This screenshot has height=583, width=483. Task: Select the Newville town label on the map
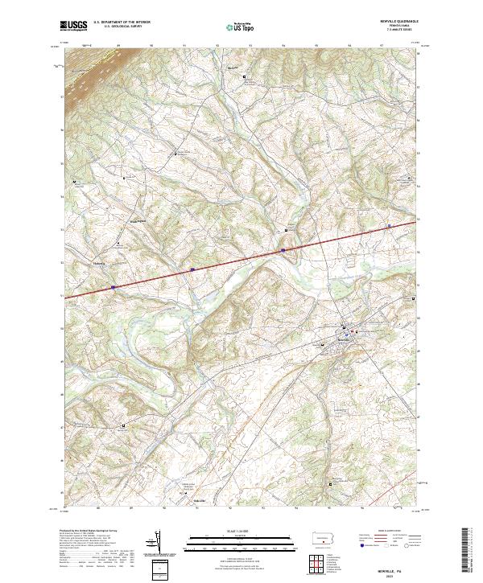[344, 340]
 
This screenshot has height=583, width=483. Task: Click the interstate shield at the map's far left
[114, 286]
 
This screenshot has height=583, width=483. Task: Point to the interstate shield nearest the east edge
[389, 227]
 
